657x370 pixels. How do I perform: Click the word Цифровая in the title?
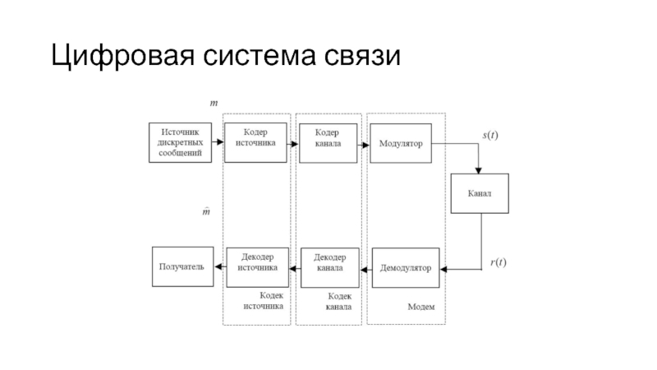coord(121,58)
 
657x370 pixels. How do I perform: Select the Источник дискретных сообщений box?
coord(180,142)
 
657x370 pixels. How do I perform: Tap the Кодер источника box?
coord(255,142)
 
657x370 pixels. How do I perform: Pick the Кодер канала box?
coord(327,142)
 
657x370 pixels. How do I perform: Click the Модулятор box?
coord(400,142)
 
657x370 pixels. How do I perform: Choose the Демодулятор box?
coord(406,267)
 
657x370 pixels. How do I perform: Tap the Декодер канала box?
coord(328,267)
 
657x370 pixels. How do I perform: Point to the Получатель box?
coord(181,266)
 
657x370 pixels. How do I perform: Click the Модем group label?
coord(420,307)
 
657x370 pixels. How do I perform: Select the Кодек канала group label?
coord(339,301)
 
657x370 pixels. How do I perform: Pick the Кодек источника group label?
coord(263,300)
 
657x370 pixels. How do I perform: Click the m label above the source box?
coord(214,104)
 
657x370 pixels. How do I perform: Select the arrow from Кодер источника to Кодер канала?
coord(292,143)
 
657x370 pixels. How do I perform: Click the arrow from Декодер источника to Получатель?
coord(219,266)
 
